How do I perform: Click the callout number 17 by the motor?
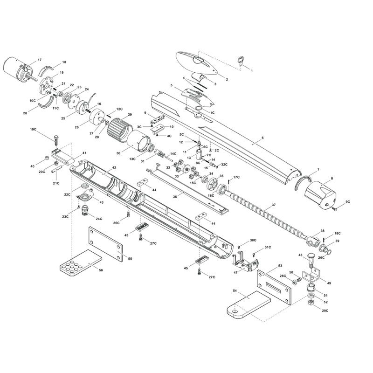click(40, 60)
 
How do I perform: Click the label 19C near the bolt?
click(33, 129)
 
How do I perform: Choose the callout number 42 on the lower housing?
click(114, 167)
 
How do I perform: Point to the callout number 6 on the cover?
click(262, 138)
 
